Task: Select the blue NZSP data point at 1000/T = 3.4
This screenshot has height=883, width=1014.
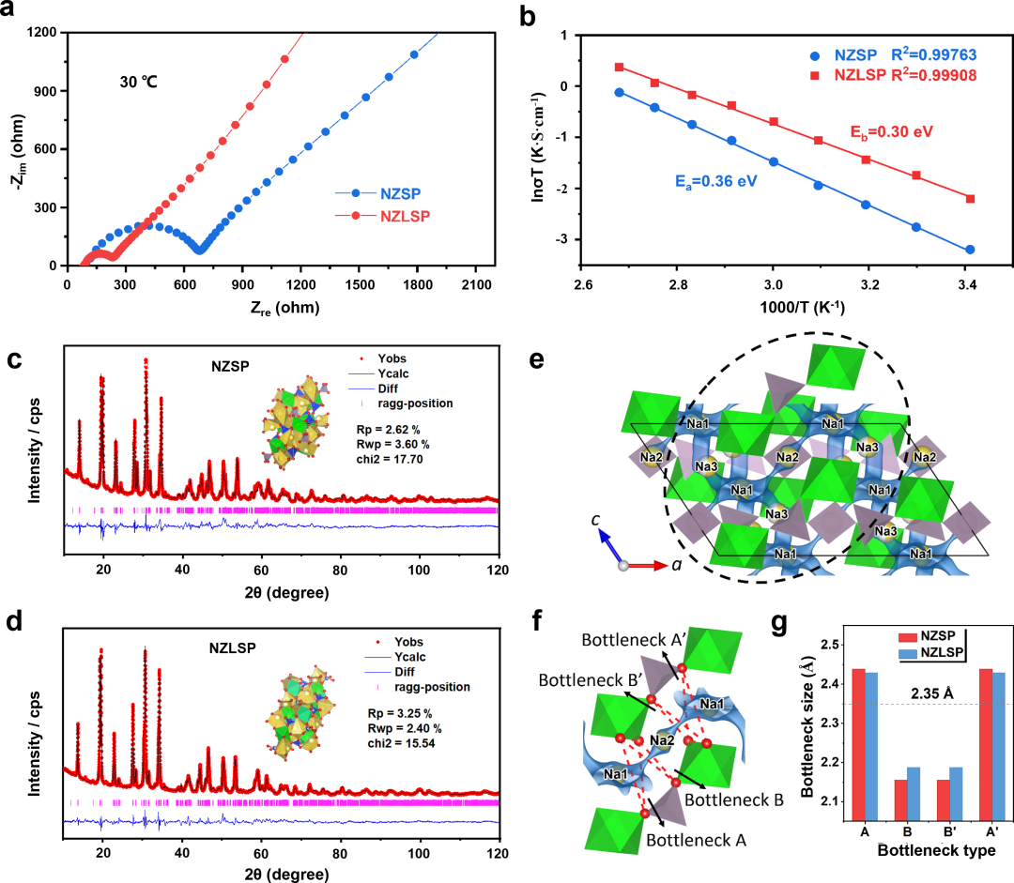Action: tap(970, 250)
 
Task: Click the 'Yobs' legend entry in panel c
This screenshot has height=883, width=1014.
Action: tap(379, 358)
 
